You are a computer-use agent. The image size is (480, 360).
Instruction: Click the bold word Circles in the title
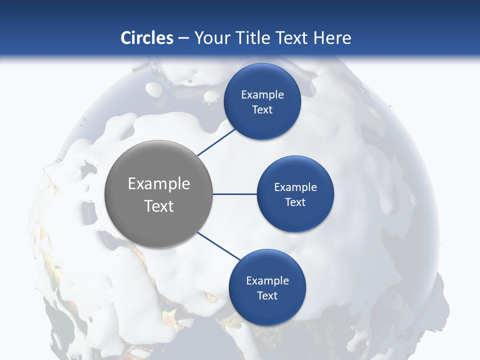[146, 37]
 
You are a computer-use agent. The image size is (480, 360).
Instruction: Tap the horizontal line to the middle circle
[234, 194]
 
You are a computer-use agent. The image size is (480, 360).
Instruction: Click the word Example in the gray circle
[159, 184]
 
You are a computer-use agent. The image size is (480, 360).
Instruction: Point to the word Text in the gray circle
[159, 206]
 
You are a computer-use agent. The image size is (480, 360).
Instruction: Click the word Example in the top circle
[262, 94]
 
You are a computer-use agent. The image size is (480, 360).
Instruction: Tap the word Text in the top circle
[262, 110]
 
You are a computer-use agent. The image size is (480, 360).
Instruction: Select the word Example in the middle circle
[295, 187]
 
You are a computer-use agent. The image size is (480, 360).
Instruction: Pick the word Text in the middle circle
[295, 202]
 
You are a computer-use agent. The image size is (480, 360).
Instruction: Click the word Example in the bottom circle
[267, 280]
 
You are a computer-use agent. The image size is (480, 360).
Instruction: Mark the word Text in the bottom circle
[267, 295]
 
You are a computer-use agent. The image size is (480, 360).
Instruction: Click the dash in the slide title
[183, 38]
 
